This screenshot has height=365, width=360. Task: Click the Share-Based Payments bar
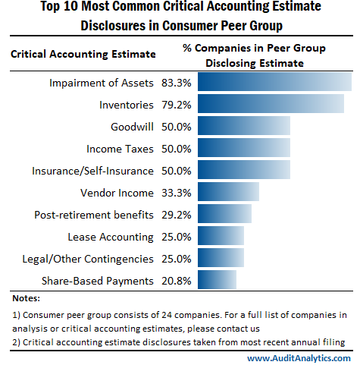[215, 280]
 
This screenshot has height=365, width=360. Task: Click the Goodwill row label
[133, 126]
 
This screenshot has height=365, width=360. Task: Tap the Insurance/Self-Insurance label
[93, 170]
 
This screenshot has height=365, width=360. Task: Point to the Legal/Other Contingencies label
[88, 258]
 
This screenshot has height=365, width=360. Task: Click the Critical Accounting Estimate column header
[83, 54]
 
